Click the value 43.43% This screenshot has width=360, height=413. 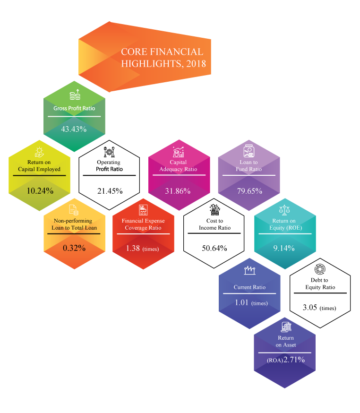[74, 129]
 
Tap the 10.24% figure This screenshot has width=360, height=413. [40, 191]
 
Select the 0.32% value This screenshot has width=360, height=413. [74, 248]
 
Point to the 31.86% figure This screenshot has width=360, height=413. [178, 191]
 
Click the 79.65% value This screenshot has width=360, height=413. [249, 191]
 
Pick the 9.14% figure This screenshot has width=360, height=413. [284, 248]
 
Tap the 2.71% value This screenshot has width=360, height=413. [294, 360]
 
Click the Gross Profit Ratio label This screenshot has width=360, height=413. [74, 108]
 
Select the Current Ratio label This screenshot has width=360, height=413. [249, 287]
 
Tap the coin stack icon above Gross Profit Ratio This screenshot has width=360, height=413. [74, 95]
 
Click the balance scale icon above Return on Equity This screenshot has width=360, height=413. [284, 209]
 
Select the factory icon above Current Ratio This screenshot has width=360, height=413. [249, 270]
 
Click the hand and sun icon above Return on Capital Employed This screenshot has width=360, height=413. [40, 152]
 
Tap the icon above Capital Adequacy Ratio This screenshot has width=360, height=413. [178, 152]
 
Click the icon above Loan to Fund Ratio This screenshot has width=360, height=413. [249, 151]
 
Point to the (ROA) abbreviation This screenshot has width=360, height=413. [274, 361]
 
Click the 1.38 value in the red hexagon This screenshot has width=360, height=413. [133, 248]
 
